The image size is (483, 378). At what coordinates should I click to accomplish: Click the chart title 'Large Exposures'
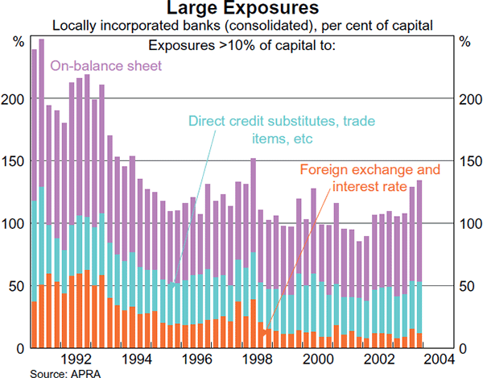(x=241, y=9)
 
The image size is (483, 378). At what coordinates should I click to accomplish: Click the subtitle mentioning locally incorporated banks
(x=242, y=26)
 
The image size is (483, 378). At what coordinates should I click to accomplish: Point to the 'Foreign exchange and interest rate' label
(x=370, y=179)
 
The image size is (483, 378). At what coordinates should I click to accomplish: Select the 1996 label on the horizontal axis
(x=197, y=359)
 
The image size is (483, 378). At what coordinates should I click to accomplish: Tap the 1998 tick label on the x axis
(x=258, y=359)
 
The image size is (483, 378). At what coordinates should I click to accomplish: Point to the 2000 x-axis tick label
(x=318, y=359)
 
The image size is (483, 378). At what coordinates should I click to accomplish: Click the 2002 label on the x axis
(x=378, y=359)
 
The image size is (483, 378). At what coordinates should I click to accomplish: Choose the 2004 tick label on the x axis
(x=439, y=359)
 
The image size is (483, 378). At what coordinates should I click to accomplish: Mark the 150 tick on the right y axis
(x=467, y=160)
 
